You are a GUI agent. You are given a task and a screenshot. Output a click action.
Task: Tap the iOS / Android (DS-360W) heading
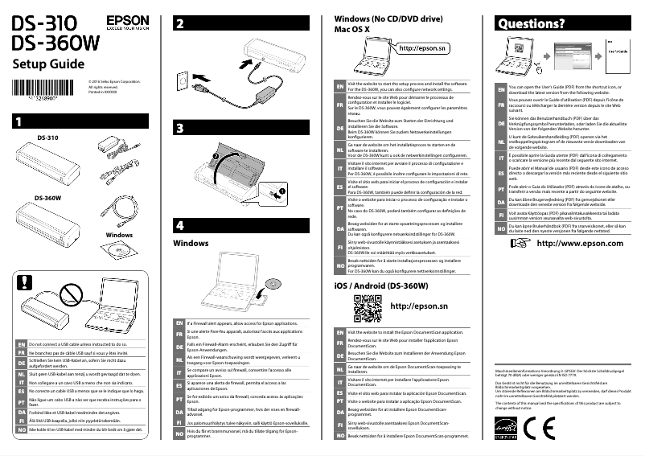point(380,286)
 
